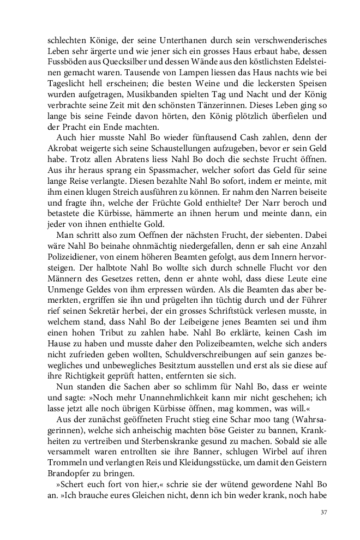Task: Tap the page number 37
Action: (323, 513)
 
